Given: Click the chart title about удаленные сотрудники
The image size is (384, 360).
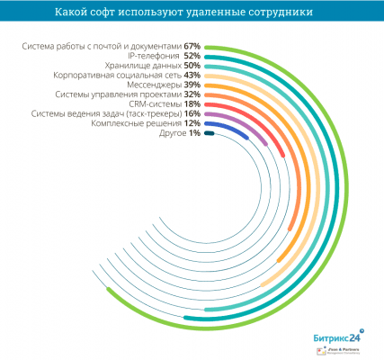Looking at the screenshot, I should pos(192,12).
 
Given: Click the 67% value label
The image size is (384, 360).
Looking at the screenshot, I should pos(191,45).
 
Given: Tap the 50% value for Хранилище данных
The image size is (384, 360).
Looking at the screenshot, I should pos(191,66).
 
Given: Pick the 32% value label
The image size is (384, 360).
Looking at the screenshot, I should pos(191,94).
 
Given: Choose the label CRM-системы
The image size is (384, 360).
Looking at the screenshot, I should pos(149,104).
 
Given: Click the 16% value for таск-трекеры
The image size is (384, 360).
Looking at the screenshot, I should pos(191,114).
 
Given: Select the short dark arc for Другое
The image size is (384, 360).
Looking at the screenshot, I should pos(209,134).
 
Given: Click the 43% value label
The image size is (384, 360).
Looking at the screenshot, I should pos(191,75).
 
